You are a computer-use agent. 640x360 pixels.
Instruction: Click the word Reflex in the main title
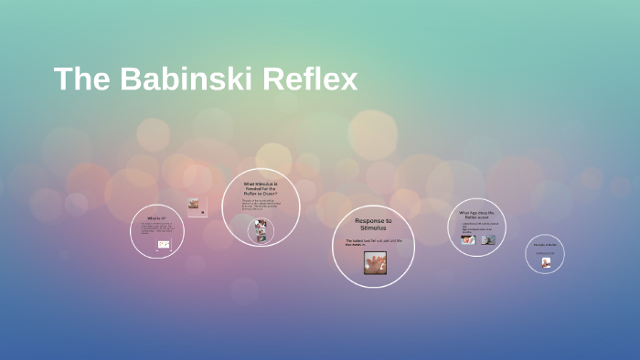pyautogui.click(x=310, y=79)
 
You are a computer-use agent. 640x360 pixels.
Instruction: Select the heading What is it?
pyautogui.click(x=157, y=218)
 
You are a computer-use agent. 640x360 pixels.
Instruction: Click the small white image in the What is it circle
pyautogui.click(x=164, y=245)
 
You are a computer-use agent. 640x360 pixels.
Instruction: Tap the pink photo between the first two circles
pyautogui.click(x=193, y=204)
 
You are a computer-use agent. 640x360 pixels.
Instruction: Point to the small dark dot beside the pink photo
pyautogui.click(x=203, y=213)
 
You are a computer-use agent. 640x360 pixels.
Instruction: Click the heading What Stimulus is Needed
pyautogui.click(x=261, y=189)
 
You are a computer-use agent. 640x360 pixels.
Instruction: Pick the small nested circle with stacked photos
pyautogui.click(x=261, y=230)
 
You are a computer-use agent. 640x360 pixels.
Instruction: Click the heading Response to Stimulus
pyautogui.click(x=373, y=223)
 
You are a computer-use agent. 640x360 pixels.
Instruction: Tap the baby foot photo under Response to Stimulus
pyautogui.click(x=374, y=263)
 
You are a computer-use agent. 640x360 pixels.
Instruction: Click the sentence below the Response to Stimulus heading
pyautogui.click(x=373, y=242)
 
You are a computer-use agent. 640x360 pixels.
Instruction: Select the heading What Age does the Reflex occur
pyautogui.click(x=477, y=214)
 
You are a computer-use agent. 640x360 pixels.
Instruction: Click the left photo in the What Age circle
pyautogui.click(x=468, y=239)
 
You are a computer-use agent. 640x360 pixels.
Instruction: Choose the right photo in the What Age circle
pyautogui.click(x=488, y=239)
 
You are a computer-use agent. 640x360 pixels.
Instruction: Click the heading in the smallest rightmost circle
pyautogui.click(x=545, y=245)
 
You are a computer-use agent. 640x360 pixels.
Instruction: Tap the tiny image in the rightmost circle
pyautogui.click(x=546, y=262)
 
